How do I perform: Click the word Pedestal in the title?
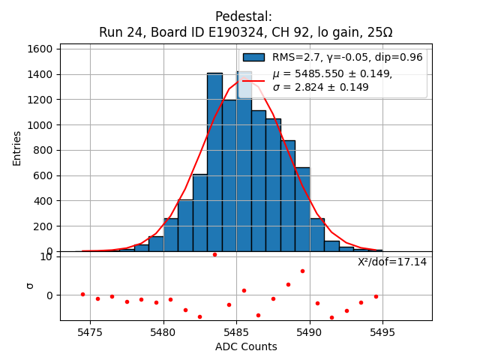[244, 16]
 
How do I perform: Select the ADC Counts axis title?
[246, 346]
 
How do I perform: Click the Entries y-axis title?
[17, 148]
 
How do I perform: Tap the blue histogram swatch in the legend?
[253, 57]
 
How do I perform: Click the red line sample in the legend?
[253, 80]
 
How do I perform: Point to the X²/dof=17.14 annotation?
[392, 262]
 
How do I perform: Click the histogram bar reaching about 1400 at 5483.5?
[214, 165]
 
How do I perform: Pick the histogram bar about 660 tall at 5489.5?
[302, 210]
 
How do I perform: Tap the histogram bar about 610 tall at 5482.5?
[200, 214]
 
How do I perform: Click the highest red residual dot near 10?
[214, 254]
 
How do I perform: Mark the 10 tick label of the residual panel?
[46, 257]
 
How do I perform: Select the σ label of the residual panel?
[30, 285]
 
